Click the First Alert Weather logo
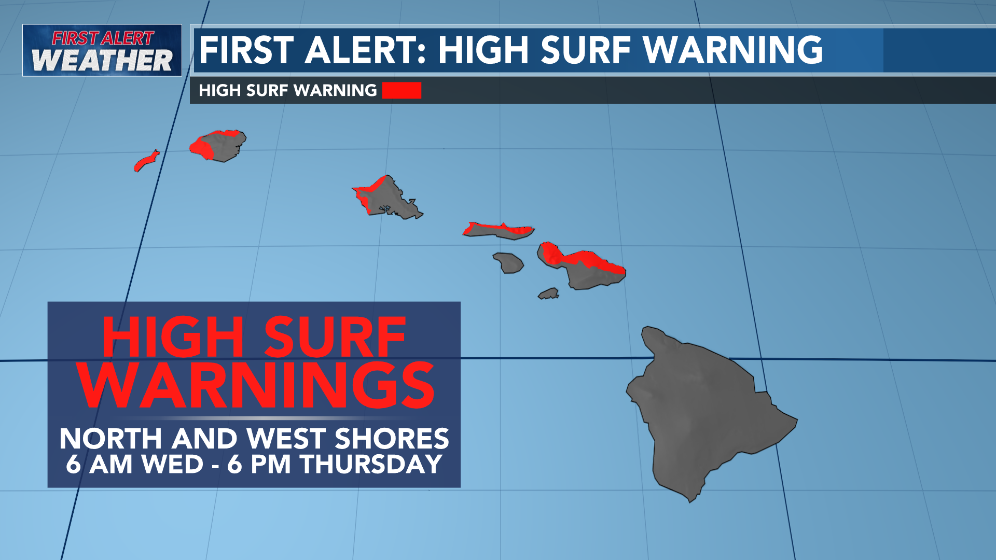pos(102,50)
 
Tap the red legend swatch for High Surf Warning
pos(402,90)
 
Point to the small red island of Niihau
pos(146,161)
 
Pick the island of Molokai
pos(498,230)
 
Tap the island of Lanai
pos(508,262)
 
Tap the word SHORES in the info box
pos(392,439)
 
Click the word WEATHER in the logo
pos(102,60)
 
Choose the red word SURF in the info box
pos(335,338)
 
